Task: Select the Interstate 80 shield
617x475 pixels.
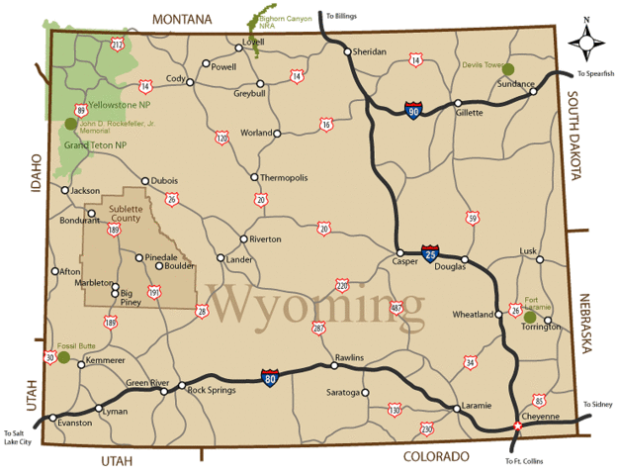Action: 270,376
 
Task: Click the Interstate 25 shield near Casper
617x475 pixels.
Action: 429,254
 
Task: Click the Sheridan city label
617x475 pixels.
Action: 369,51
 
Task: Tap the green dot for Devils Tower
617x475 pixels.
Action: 508,69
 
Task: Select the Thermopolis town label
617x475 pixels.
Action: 284,178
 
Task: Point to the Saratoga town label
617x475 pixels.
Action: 343,393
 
